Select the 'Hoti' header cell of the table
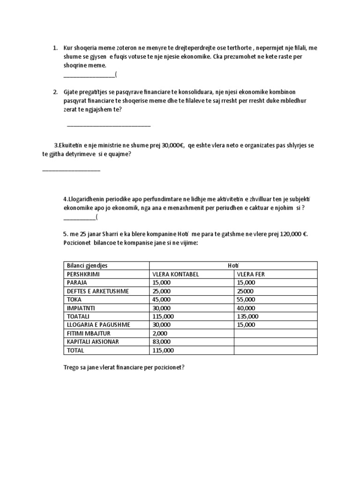[x=233, y=266]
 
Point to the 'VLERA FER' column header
[x=251, y=274]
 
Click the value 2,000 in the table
[x=160, y=333]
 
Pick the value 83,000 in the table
[x=162, y=342]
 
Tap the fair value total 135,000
[x=247, y=316]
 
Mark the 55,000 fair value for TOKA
[x=246, y=300]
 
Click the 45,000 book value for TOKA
[x=162, y=300]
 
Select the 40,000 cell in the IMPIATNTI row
[x=246, y=308]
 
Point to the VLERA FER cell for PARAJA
[x=246, y=283]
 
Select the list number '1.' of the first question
[x=55, y=48]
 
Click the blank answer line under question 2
[x=109, y=125]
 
